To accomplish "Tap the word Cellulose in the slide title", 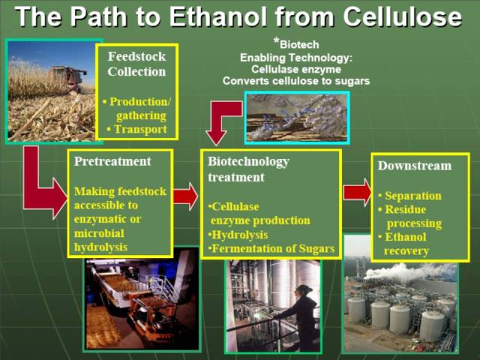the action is [402, 16].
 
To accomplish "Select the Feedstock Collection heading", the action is [136, 64].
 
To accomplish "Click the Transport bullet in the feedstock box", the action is [136, 129].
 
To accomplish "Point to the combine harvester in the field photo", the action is [68, 78].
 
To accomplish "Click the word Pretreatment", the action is [112, 161].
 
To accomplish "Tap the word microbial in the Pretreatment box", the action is [99, 233].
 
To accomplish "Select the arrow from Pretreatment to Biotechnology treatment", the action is [185, 196].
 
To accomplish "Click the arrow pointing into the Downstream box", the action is [357, 193].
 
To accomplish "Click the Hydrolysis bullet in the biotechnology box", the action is [238, 235].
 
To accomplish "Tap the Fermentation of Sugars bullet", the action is [271, 248].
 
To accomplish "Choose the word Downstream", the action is [415, 166].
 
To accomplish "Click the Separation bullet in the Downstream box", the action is [410, 196].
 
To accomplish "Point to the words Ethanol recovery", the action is [403, 244].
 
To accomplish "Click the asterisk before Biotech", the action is [276, 40].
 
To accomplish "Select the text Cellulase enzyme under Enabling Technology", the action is [296, 70].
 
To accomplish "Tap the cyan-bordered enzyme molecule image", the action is [297, 118].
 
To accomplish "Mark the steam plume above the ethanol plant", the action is [407, 271].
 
